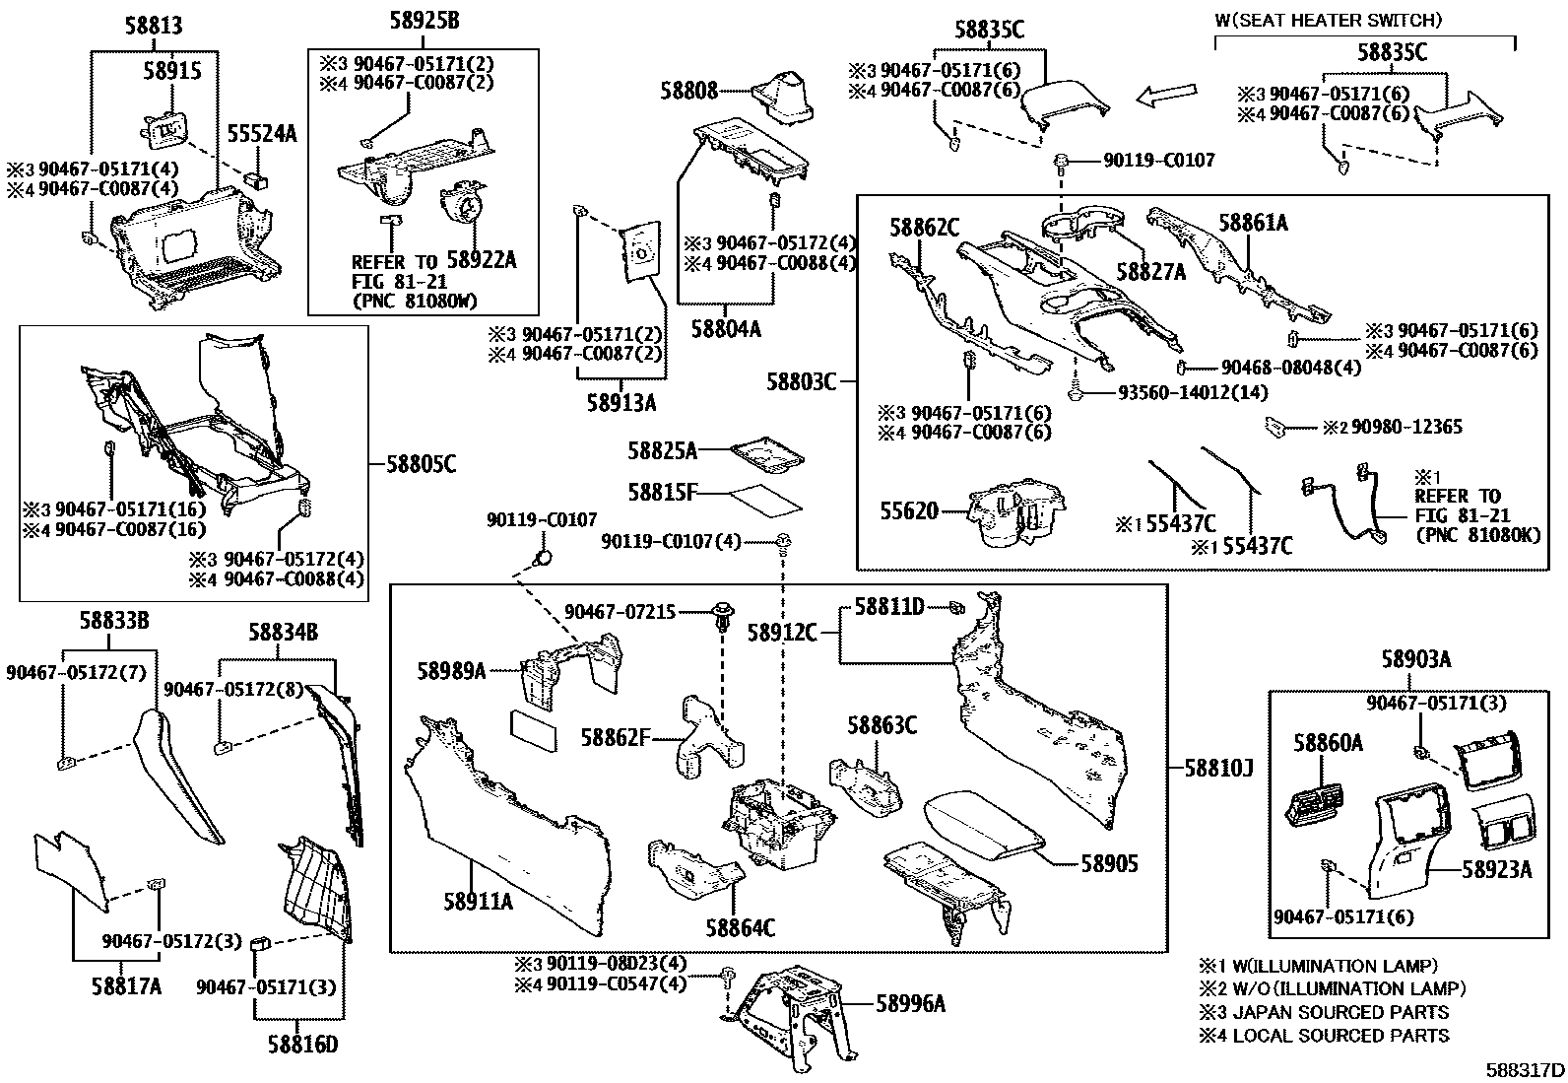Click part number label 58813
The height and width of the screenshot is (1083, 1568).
point(153,27)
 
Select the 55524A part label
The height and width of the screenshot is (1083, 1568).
point(262,134)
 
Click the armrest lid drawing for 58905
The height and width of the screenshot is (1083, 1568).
point(981,824)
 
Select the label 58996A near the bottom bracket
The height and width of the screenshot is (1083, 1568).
point(911,1004)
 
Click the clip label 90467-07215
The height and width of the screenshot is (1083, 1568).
point(621,612)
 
